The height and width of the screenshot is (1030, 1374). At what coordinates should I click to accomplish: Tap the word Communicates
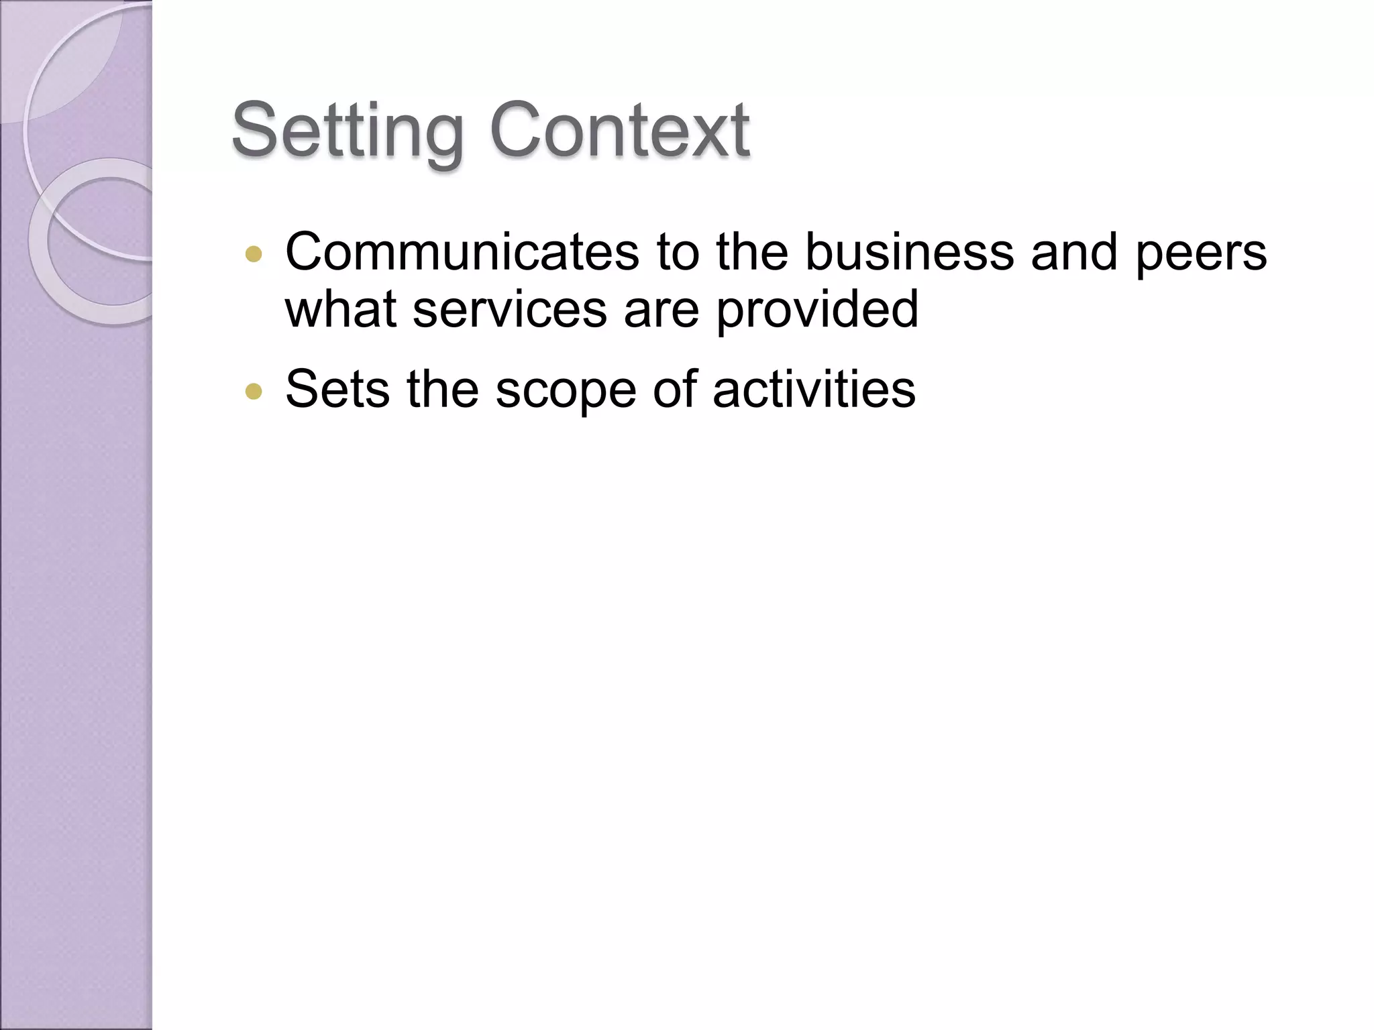(x=462, y=252)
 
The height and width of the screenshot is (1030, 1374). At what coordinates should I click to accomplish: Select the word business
(x=909, y=252)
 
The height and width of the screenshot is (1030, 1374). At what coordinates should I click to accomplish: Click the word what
(x=341, y=309)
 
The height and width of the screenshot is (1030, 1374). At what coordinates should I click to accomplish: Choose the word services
(x=509, y=309)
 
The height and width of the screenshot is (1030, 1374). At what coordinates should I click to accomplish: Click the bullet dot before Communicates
(x=254, y=254)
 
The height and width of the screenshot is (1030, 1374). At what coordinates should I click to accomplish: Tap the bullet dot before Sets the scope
(x=254, y=391)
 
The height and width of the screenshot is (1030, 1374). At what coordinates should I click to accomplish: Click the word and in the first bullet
(x=1074, y=252)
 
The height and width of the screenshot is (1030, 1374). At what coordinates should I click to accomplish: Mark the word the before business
(x=751, y=252)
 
